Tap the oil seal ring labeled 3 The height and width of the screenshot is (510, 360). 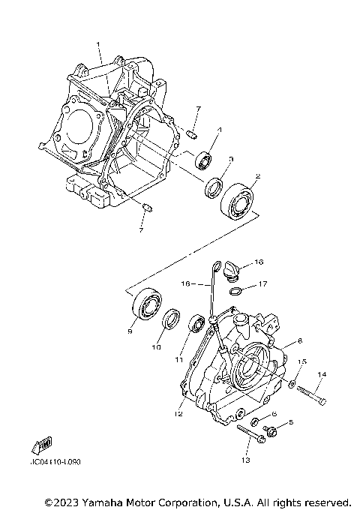(x=214, y=184)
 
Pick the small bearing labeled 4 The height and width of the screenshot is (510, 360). (x=202, y=160)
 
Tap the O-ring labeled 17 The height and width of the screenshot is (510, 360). (x=235, y=292)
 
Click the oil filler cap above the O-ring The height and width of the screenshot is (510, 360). (x=229, y=268)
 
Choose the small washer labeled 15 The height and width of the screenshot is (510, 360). (x=291, y=385)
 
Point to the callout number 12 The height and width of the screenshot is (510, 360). (x=178, y=413)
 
